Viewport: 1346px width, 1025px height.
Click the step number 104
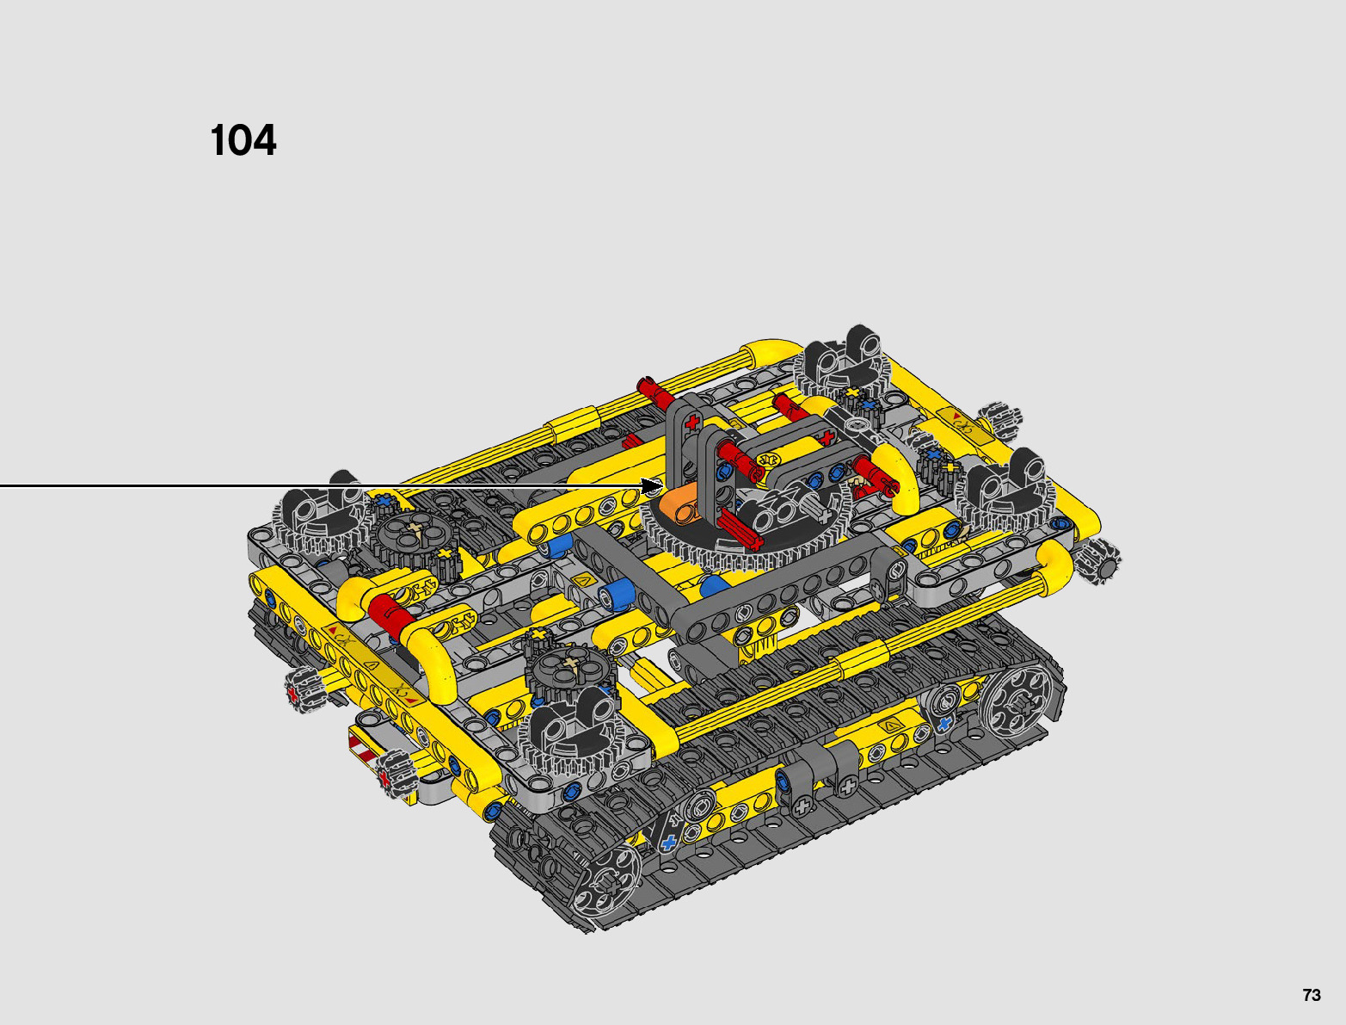243,140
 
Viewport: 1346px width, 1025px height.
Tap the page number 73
1311,994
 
